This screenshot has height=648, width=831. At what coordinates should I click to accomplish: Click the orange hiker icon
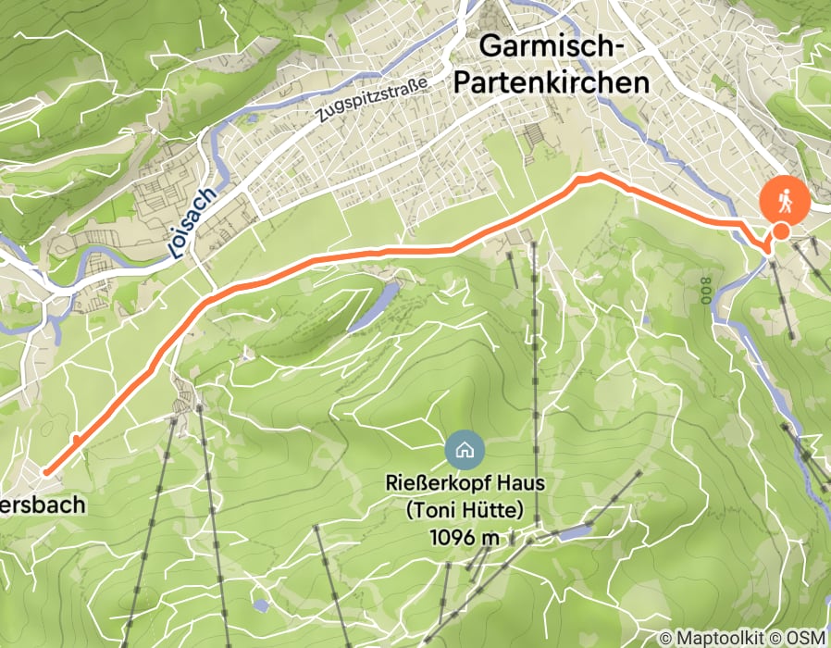coord(784,200)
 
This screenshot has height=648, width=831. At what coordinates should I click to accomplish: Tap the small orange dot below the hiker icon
coord(781,231)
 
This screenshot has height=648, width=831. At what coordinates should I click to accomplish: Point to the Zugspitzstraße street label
coord(370,100)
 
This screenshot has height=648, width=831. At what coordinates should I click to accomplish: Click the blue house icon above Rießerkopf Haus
coord(464,451)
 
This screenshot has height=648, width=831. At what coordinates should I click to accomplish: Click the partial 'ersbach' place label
coord(42,505)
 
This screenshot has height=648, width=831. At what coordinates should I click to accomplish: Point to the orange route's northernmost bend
coord(597,175)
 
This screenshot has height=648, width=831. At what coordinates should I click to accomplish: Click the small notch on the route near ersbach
coord(74,439)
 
